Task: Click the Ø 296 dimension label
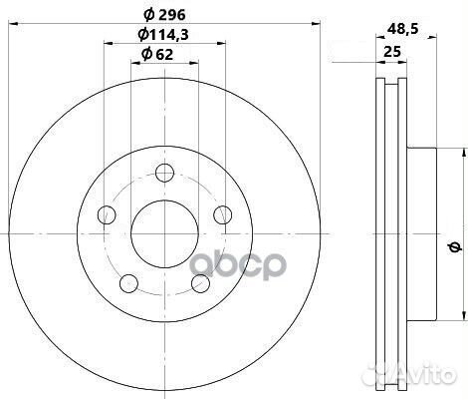(x=164, y=15)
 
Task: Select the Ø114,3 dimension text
(x=163, y=34)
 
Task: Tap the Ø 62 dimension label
(x=157, y=54)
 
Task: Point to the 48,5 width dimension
(x=402, y=30)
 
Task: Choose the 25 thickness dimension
(x=392, y=52)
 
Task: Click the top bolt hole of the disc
(x=165, y=173)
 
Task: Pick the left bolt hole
(x=107, y=214)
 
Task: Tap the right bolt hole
(x=222, y=214)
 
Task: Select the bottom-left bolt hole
(x=128, y=283)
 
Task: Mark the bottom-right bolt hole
(x=201, y=283)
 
